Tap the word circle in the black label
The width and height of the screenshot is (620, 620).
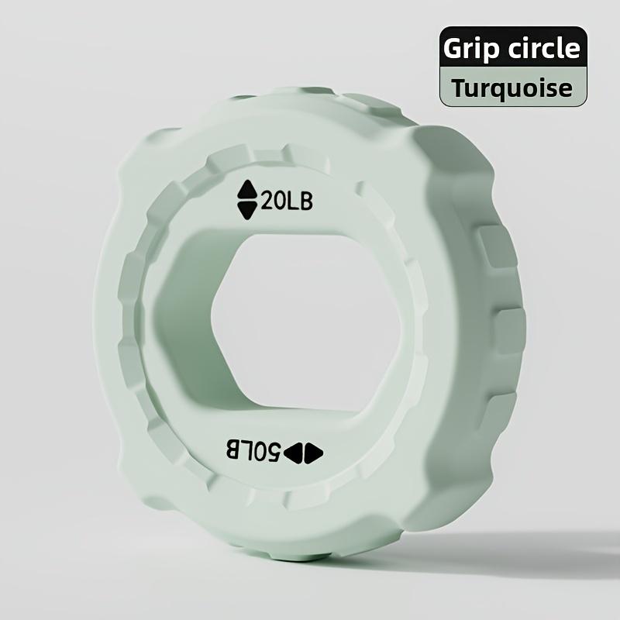[x=542, y=48]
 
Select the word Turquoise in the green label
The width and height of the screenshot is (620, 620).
[x=513, y=88]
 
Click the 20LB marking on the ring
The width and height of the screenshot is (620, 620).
[x=287, y=201]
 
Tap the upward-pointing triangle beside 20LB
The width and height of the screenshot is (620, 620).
[x=247, y=191]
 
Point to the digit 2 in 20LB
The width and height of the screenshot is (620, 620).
[x=269, y=201]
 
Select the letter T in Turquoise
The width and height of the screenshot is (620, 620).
[x=460, y=87]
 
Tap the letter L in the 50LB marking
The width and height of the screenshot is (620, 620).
[x=245, y=450]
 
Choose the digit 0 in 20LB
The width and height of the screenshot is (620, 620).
[x=283, y=201]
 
